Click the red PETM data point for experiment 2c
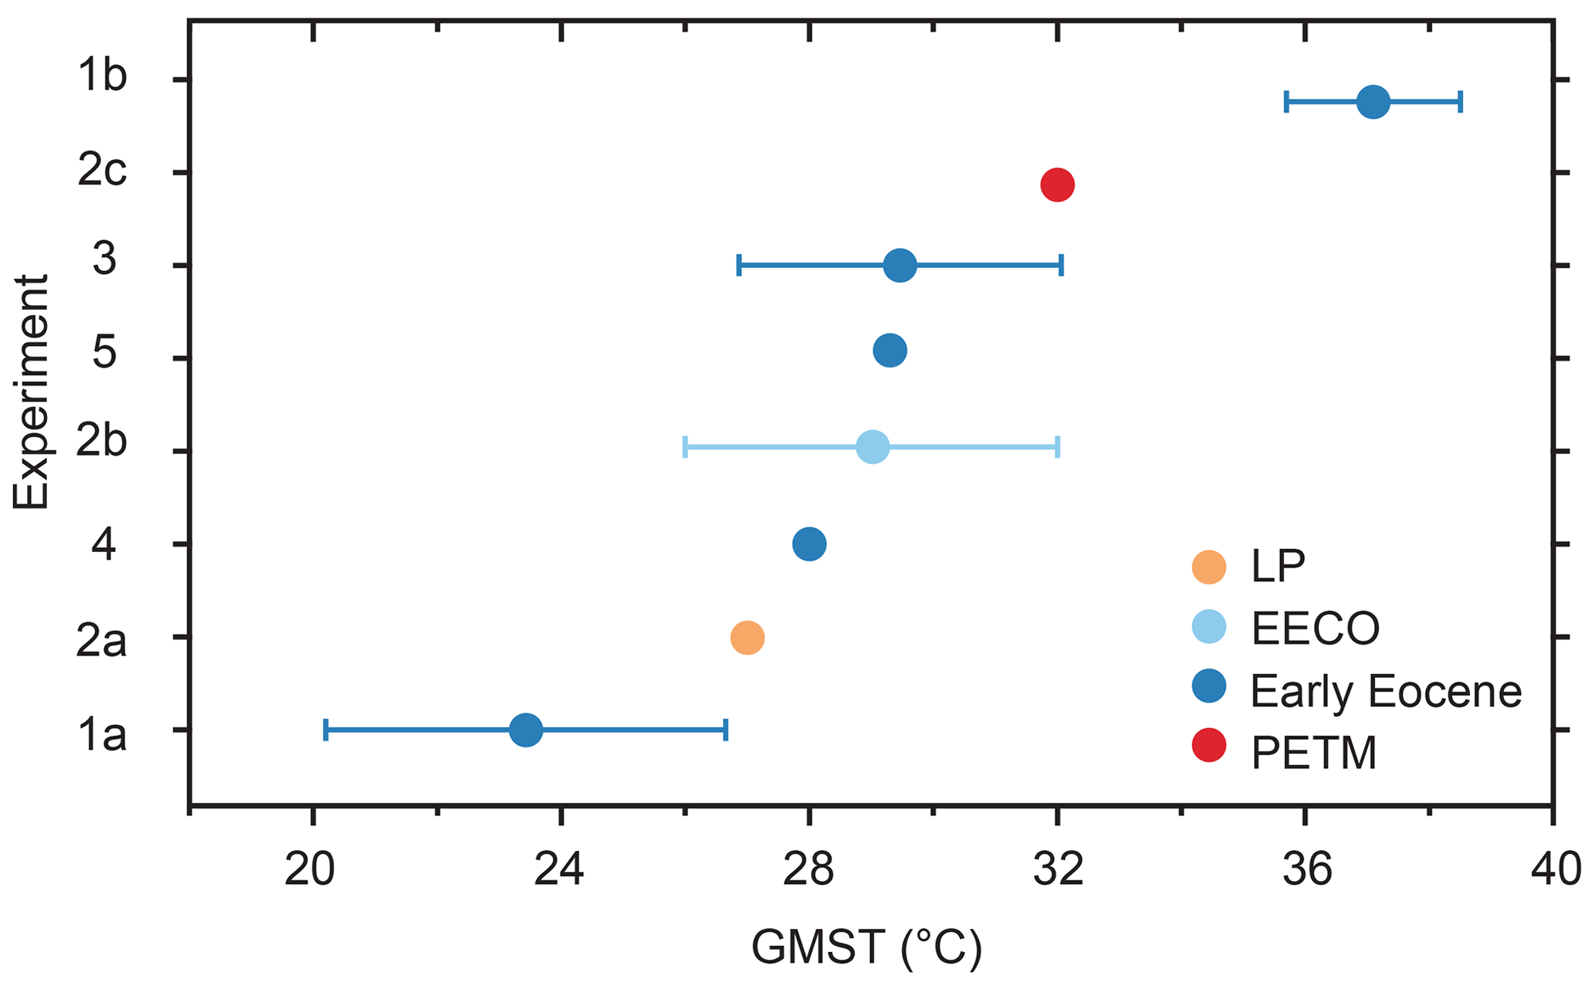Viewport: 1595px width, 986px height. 1057,185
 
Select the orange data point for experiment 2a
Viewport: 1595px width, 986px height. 747,638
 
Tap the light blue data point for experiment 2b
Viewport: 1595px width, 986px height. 873,447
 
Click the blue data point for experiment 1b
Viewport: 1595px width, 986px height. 1374,102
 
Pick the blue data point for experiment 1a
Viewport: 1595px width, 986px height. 526,730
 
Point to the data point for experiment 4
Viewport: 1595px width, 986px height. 809,544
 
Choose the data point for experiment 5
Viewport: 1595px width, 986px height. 890,351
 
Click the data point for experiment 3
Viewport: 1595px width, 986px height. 900,266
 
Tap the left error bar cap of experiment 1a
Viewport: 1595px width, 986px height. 326,730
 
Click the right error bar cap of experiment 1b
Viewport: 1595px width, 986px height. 1461,102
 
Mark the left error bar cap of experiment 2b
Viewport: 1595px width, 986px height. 685,447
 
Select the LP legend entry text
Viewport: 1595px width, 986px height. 1278,567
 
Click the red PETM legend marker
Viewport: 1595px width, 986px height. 1209,745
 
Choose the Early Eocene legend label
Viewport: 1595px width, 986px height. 1386,690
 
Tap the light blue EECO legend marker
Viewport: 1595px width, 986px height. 1209,626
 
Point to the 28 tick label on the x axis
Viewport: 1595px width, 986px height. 809,871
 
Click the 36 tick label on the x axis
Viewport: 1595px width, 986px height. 1306,871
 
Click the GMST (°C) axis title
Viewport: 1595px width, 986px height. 867,948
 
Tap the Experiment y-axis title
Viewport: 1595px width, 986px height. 31,391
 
